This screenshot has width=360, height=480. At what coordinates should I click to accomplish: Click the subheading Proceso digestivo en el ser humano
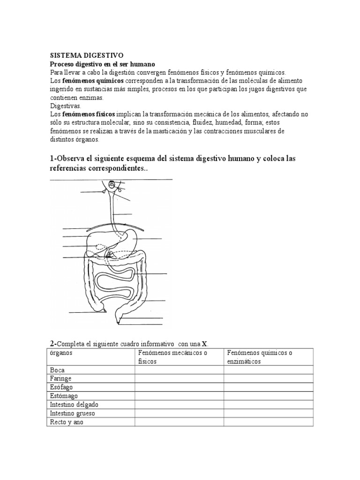102,63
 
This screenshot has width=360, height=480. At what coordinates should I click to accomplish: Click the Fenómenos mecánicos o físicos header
172,357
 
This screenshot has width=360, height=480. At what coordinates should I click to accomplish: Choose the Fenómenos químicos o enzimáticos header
259,357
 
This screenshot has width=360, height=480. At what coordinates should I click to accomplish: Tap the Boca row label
57,370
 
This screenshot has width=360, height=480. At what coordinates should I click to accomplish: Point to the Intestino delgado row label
74,404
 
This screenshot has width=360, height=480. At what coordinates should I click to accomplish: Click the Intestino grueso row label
73,413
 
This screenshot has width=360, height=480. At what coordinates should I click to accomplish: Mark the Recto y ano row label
66,422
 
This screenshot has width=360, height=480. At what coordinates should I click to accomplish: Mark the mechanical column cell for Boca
179,370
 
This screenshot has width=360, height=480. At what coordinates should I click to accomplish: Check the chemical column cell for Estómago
268,396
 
